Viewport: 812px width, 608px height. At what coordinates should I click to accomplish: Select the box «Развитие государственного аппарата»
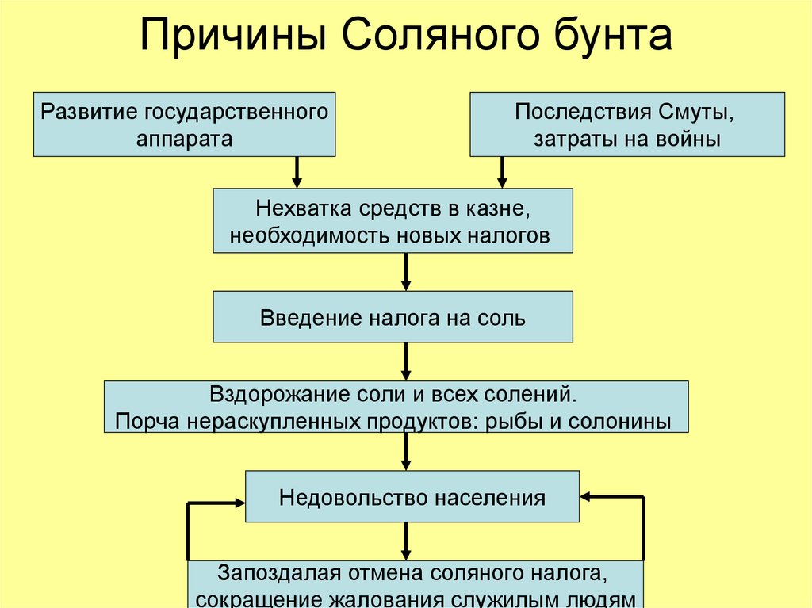pos(184,124)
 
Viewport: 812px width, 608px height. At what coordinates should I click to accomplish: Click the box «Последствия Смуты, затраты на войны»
pos(627,124)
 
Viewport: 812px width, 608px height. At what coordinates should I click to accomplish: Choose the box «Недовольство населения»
pos(412,497)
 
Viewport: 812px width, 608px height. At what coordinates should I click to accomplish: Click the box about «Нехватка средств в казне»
pos(393,220)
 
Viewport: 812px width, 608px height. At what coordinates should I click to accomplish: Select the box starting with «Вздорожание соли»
pos(396,407)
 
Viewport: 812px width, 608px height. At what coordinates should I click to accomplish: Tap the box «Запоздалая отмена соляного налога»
pos(416,585)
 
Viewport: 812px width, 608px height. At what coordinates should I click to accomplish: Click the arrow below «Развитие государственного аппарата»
pos(297,171)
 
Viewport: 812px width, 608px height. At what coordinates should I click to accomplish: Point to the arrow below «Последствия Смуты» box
pos(502,171)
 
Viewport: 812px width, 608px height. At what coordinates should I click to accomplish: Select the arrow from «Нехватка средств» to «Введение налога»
pos(406,272)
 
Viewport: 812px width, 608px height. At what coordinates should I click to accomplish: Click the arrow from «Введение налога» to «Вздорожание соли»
pos(406,361)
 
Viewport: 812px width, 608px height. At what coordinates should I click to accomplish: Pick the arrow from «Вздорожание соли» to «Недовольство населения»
pos(406,451)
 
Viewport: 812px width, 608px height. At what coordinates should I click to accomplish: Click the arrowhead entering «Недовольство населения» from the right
pos(588,497)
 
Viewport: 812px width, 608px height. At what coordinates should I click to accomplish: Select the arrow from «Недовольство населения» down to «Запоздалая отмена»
pos(406,541)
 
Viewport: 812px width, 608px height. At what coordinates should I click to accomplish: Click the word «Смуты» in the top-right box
pos(698,110)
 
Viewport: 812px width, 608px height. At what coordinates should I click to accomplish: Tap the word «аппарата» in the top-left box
pos(184,140)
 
